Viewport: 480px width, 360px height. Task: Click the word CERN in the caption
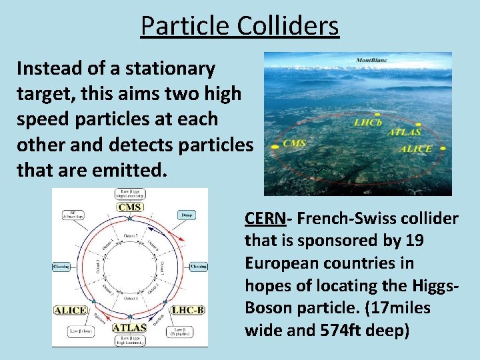[x=265, y=219]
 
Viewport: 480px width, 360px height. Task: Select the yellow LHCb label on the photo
[x=368, y=123]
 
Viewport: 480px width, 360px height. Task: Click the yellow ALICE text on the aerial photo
[x=415, y=149]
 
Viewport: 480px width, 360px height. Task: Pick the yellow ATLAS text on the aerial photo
[x=405, y=132]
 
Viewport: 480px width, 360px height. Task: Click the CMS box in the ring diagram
[x=129, y=207]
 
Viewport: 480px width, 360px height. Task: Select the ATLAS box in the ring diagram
[x=129, y=327]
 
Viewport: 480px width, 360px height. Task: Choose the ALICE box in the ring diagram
[x=70, y=310]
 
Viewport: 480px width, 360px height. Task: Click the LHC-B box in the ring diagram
[x=187, y=310]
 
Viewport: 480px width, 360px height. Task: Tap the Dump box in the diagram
[x=186, y=215]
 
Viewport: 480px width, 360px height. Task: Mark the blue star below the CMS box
[x=131, y=218]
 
